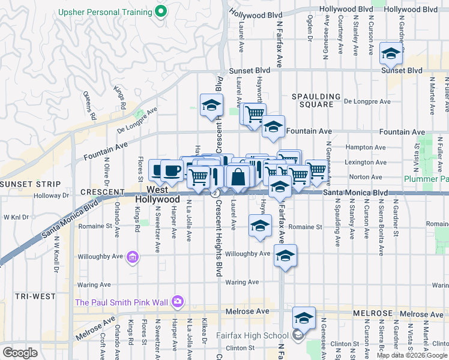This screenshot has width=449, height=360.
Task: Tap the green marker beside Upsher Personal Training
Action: (x=161, y=11)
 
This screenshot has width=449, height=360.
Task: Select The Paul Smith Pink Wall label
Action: (x=122, y=302)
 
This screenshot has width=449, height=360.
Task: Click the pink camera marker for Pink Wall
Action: (x=177, y=301)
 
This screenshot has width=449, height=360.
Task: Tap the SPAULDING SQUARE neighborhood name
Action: (x=312, y=100)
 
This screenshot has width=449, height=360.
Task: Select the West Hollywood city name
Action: (x=157, y=193)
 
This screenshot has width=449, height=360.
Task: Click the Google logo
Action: (x=20, y=353)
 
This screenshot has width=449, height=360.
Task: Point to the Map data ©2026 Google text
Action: (x=412, y=355)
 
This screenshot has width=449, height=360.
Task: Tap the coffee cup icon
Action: (x=172, y=170)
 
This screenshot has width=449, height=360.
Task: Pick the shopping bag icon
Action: (x=238, y=177)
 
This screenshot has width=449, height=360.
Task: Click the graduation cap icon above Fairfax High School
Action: (x=304, y=318)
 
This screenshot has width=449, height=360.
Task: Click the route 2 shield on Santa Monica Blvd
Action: (x=214, y=193)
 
